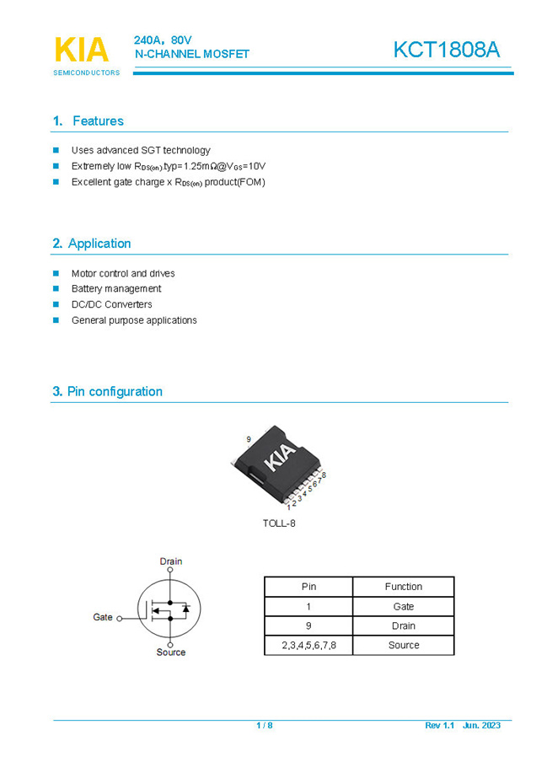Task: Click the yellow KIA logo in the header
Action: [x=82, y=50]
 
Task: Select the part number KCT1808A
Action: [x=446, y=50]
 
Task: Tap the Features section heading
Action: [x=88, y=121]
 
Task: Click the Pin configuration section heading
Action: [x=107, y=391]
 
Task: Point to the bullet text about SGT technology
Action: [x=141, y=150]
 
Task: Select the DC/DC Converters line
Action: [x=111, y=304]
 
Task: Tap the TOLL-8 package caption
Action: [x=279, y=523]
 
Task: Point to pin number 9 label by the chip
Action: [x=249, y=440]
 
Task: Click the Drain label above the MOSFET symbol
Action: [x=171, y=561]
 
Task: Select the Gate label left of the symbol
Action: [x=103, y=617]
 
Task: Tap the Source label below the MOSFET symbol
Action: [x=171, y=652]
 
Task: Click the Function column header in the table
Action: [x=403, y=587]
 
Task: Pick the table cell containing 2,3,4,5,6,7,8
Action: [x=308, y=645]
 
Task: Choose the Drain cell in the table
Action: [x=403, y=625]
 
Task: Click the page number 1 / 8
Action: [x=265, y=725]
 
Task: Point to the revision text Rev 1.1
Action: [x=439, y=725]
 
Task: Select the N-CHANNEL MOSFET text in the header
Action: [x=192, y=54]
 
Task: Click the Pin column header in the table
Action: [x=308, y=587]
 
